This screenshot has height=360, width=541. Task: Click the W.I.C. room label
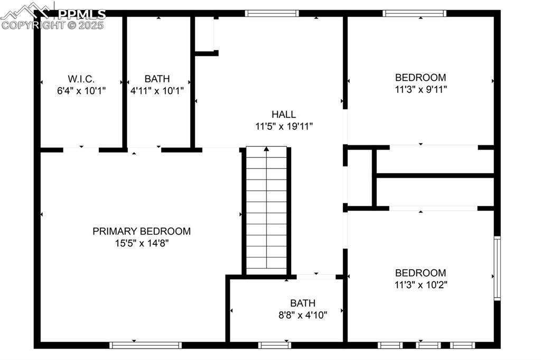[81, 79]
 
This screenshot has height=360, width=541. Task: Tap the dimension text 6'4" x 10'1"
[81, 90]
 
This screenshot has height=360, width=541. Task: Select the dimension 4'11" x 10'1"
[157, 90]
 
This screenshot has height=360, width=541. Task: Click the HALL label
[284, 115]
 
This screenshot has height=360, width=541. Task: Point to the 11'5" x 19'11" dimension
[284, 126]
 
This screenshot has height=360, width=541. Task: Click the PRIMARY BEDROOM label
[142, 231]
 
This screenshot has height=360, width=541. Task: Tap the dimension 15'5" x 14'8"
[142, 243]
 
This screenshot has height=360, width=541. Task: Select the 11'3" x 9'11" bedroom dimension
[421, 89]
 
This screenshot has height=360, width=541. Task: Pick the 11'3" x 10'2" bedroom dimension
[421, 285]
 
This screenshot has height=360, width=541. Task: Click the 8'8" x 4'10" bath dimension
[303, 315]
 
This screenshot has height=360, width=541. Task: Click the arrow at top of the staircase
[267, 150]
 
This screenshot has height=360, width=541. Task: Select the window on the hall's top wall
[272, 14]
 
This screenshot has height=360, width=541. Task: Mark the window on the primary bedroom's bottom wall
[145, 345]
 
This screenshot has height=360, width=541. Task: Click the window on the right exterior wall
[497, 269]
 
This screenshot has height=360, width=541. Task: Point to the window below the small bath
[275, 345]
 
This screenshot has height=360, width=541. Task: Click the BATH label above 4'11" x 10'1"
[157, 79]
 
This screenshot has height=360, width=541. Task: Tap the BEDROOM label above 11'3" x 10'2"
[421, 273]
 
